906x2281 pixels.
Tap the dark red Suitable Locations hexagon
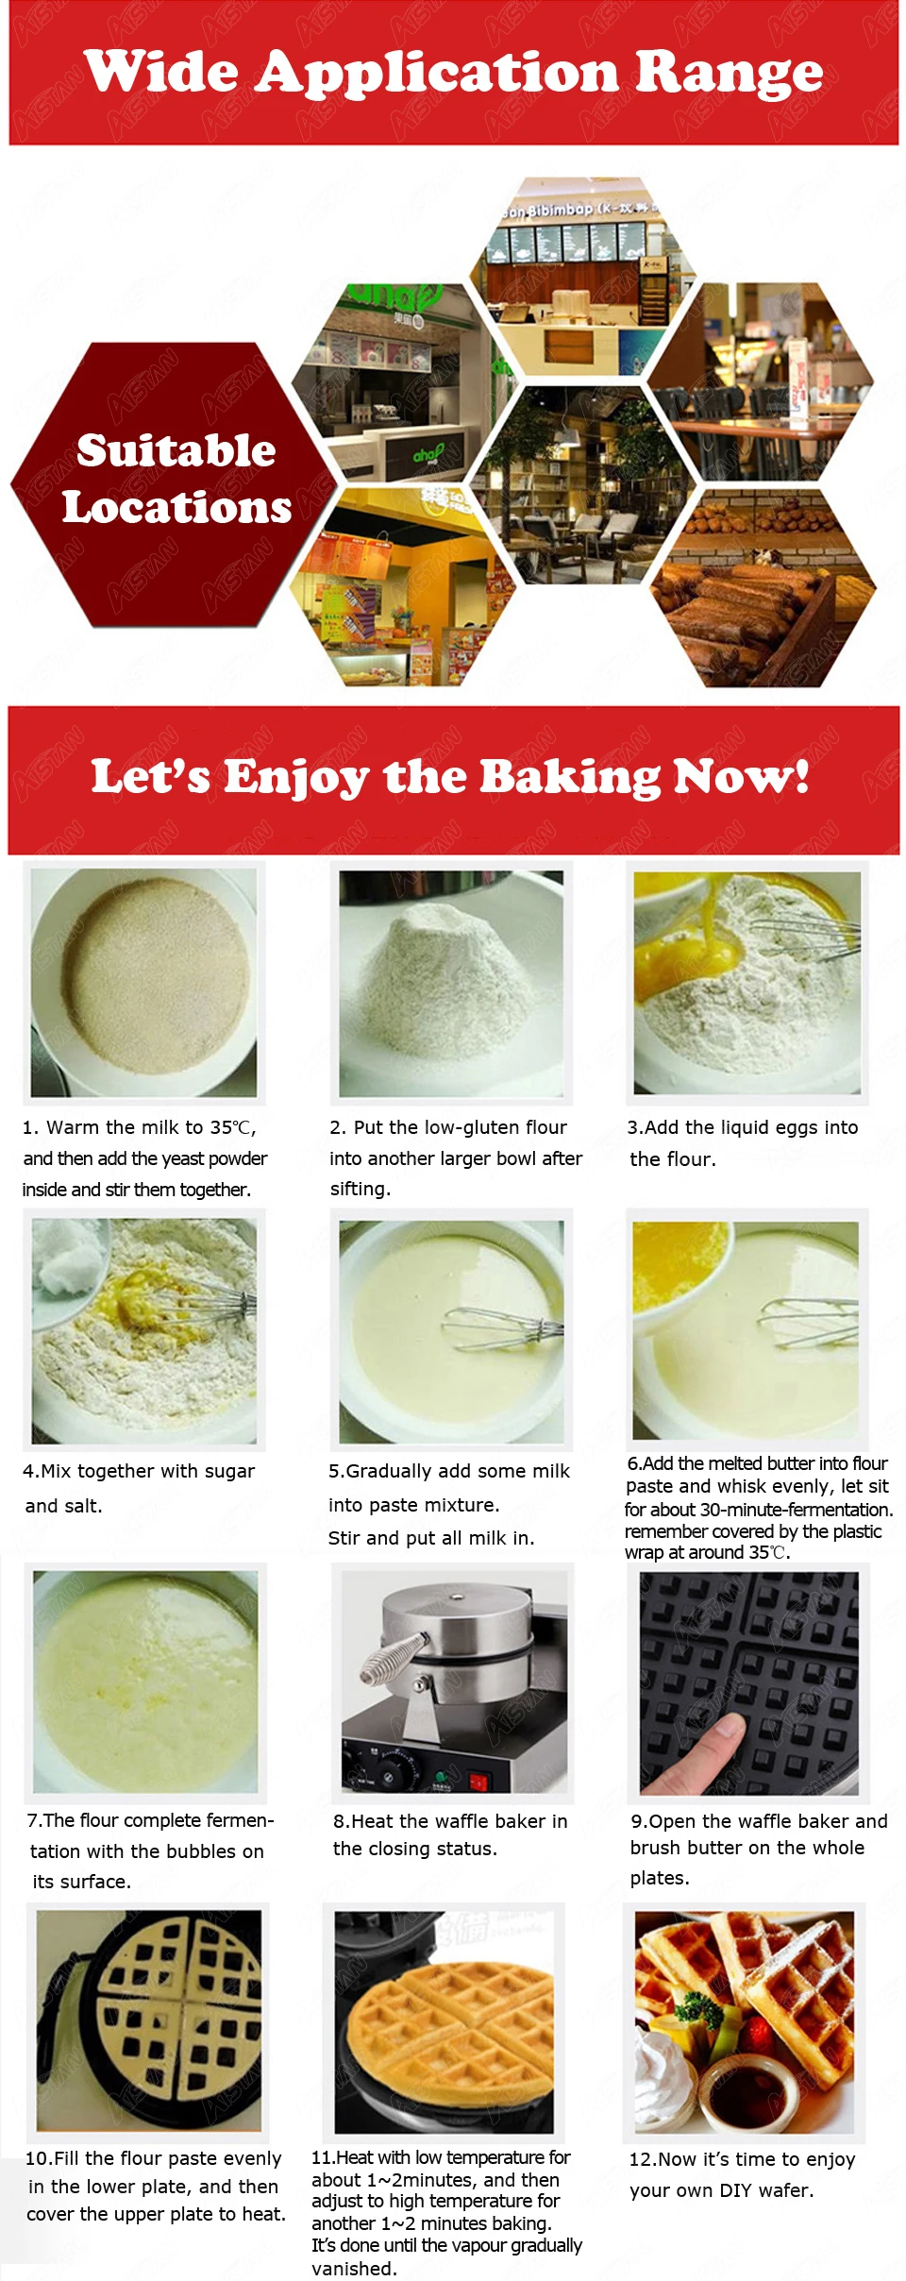coord(174,484)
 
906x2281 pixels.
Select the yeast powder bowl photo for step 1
coord(143,982)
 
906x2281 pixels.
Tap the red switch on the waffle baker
coord(478,1781)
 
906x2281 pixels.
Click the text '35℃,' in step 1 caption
coord(232,1127)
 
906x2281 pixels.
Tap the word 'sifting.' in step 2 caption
coord(360,1189)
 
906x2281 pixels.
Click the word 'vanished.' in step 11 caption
coord(354,2268)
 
